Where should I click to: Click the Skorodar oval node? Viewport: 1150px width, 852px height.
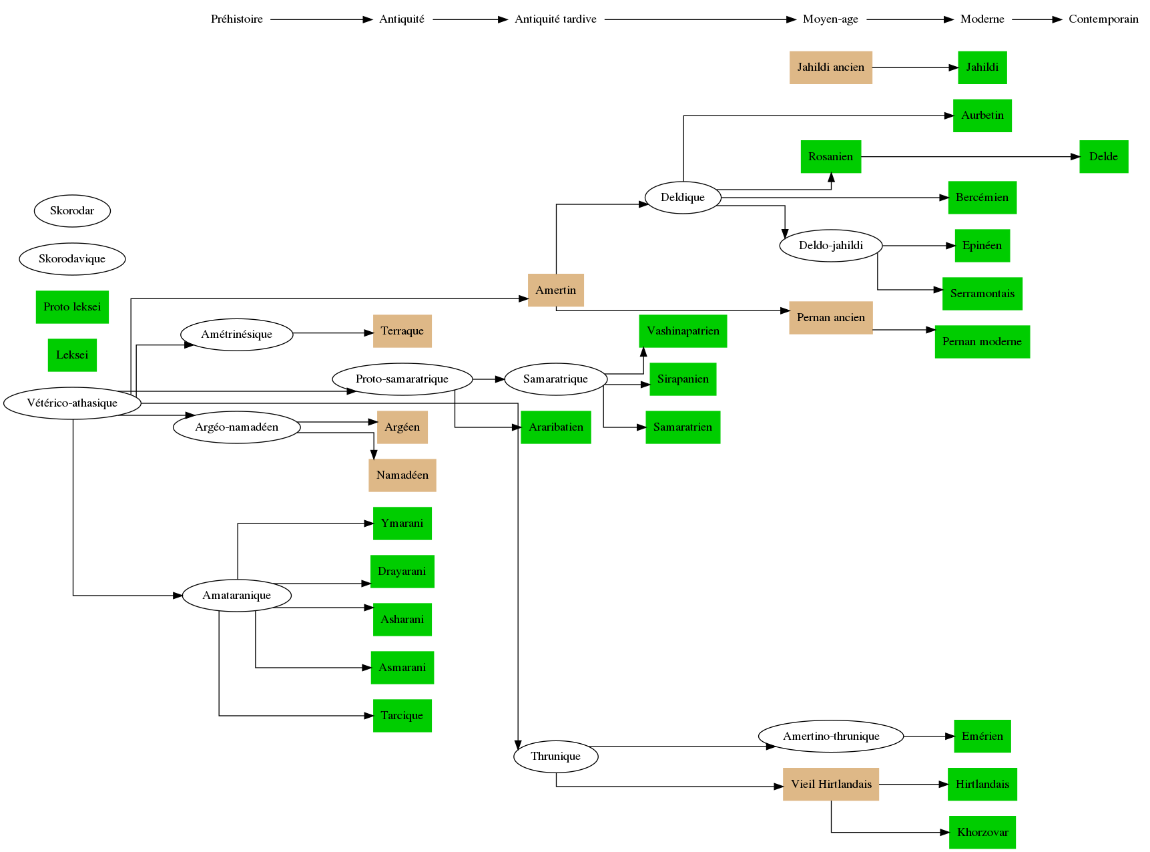[x=72, y=211]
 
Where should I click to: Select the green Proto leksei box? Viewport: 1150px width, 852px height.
[x=72, y=307]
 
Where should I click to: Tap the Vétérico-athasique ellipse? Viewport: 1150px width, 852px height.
[x=72, y=403]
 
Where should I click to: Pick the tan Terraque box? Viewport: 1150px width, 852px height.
[x=402, y=331]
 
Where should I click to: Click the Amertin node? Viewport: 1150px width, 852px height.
[x=555, y=290]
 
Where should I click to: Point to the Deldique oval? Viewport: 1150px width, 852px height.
[x=683, y=198]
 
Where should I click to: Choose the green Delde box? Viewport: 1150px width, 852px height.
[x=1103, y=157]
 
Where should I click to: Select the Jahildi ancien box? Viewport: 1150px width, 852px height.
[x=830, y=67]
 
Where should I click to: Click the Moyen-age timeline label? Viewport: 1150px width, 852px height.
[x=830, y=19]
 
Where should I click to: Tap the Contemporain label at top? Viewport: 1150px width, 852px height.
[x=1103, y=19]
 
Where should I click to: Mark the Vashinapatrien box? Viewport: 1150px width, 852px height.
[x=683, y=331]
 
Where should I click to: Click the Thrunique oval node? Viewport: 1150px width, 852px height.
[x=555, y=757]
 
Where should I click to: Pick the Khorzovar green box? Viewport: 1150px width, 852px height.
[x=982, y=833]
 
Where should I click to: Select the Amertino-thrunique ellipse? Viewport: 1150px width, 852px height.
[x=831, y=736]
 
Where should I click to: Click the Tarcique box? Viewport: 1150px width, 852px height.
[x=402, y=716]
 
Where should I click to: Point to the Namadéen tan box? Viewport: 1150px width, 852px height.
[x=402, y=475]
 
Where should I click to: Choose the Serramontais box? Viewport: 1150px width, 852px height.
[x=982, y=294]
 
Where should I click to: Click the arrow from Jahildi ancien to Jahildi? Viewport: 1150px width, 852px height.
[x=914, y=67]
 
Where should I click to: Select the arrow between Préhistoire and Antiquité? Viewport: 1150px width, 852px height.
[x=321, y=20]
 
